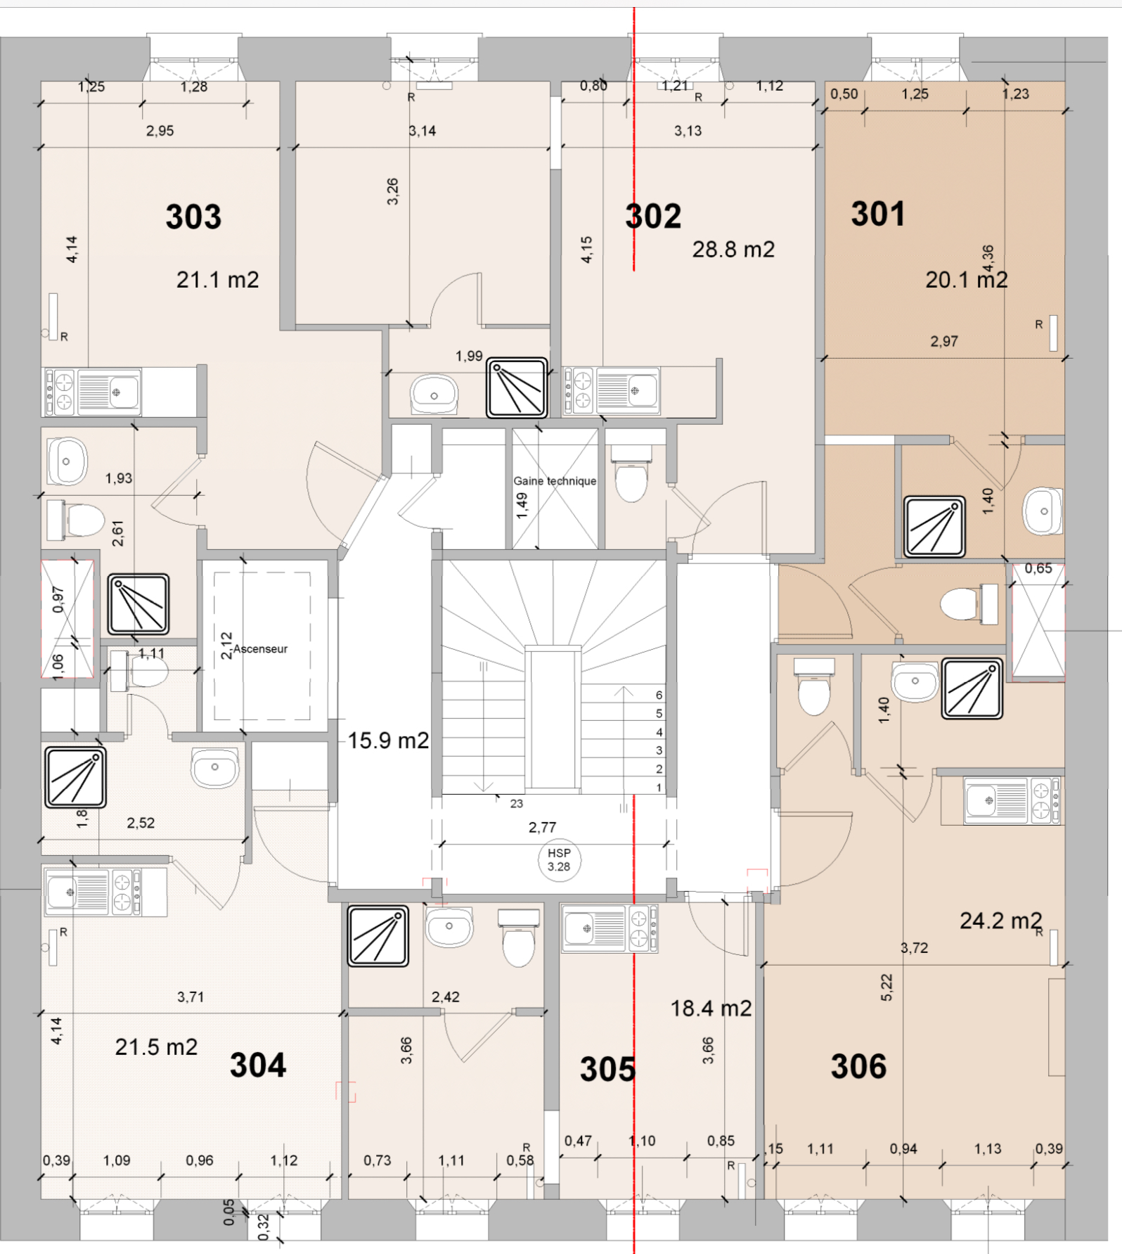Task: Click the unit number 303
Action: click(193, 217)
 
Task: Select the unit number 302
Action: click(653, 216)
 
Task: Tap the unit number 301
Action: click(878, 214)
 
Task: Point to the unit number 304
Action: click(258, 1065)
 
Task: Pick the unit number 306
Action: click(858, 1066)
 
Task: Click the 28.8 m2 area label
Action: click(733, 249)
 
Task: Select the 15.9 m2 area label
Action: click(388, 741)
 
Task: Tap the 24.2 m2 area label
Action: click(1001, 921)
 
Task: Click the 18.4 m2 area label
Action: click(711, 1009)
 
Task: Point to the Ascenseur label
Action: click(260, 649)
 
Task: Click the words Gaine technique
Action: click(555, 481)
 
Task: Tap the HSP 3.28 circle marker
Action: click(560, 859)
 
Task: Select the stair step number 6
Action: click(659, 695)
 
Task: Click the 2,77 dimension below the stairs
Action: click(542, 827)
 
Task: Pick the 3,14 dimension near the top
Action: click(422, 131)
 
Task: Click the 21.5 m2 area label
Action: click(156, 1047)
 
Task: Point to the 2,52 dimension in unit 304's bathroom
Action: click(141, 823)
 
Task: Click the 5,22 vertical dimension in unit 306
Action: click(886, 987)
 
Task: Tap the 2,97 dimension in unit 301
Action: click(944, 341)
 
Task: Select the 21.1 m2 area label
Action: click(217, 280)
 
